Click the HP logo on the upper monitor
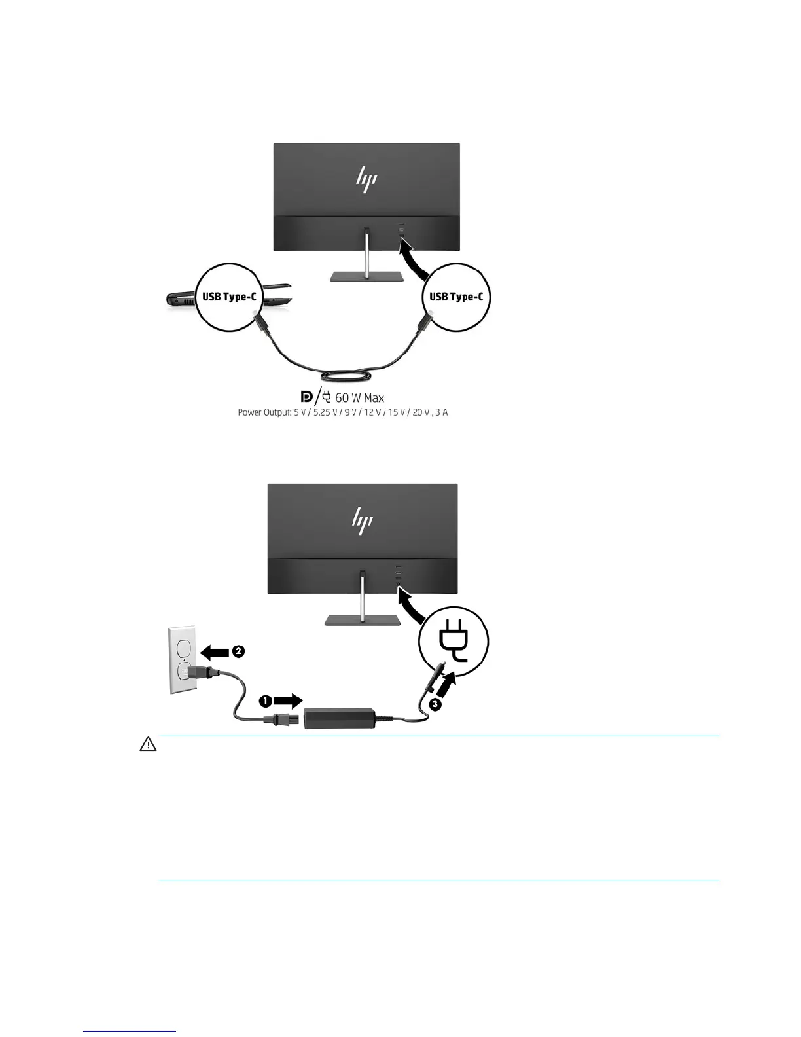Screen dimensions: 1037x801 [x=366, y=179]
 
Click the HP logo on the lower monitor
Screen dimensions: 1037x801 [x=362, y=520]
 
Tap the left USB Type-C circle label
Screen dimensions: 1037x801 [x=229, y=297]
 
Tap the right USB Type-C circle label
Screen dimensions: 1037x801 [x=456, y=297]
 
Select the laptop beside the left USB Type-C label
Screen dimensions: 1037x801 [x=181, y=299]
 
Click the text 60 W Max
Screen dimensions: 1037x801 [x=359, y=397]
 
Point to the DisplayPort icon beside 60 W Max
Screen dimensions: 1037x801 [x=306, y=397]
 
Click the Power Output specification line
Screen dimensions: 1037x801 [x=342, y=412]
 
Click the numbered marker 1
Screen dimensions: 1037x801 [x=265, y=701]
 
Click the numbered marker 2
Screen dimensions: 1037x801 [x=238, y=651]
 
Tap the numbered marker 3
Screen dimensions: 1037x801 [x=435, y=704]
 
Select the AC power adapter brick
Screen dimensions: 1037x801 [x=339, y=718]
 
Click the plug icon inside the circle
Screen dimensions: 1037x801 [x=454, y=640]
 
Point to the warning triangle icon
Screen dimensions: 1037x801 [x=148, y=744]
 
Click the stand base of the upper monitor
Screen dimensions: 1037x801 [x=366, y=277]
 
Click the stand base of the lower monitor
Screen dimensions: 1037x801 [x=362, y=619]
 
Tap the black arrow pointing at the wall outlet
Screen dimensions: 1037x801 [x=214, y=651]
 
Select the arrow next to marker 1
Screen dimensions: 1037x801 [x=288, y=701]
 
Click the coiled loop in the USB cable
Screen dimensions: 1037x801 [x=346, y=376]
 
